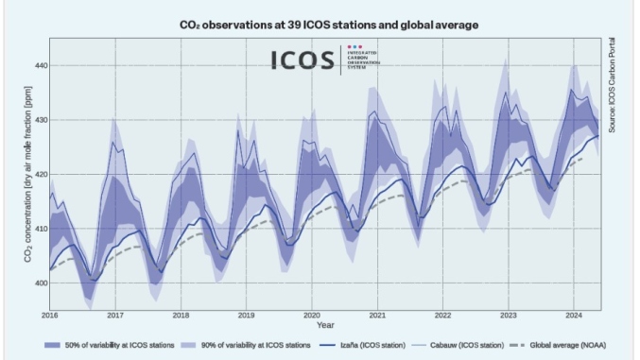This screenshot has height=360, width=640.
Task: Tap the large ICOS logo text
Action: [303, 60]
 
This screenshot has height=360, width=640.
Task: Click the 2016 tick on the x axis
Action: [49, 315]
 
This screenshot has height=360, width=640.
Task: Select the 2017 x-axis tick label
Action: [114, 315]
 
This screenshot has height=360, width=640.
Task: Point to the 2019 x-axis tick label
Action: [246, 315]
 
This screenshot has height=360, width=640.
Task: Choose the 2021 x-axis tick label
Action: [377, 315]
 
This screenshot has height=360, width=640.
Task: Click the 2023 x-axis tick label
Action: [508, 315]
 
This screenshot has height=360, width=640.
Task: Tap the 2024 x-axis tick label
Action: [573, 315]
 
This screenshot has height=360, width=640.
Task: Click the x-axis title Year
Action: [324, 324]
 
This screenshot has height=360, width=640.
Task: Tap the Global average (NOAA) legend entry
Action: [562, 346]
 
